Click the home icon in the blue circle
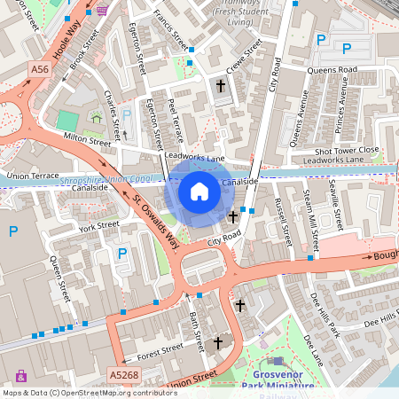click(x=199, y=191)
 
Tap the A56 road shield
click(x=39, y=69)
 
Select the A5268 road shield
click(x=123, y=375)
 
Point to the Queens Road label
click(x=332, y=69)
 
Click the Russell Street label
click(x=283, y=222)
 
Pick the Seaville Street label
click(x=334, y=204)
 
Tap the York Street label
click(x=98, y=226)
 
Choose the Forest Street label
click(x=160, y=351)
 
